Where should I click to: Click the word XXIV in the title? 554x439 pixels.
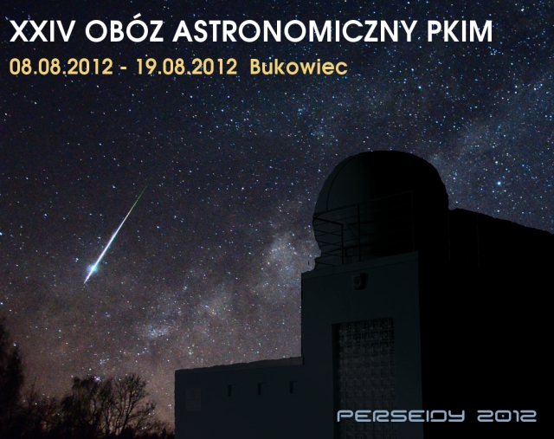pyautogui.click(x=42, y=31)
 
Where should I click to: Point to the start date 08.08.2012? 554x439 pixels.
pyautogui.click(x=61, y=67)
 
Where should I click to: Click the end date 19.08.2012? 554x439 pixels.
pyautogui.click(x=186, y=67)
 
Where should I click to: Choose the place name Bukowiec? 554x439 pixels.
pyautogui.click(x=299, y=67)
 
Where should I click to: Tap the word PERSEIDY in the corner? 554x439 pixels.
pyautogui.click(x=400, y=416)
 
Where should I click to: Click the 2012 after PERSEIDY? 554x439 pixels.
pyautogui.click(x=506, y=416)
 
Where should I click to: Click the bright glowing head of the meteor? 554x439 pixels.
pyautogui.click(x=93, y=268)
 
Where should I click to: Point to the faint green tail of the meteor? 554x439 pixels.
pyautogui.click(x=140, y=197)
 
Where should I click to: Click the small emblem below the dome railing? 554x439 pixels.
pyautogui.click(x=359, y=281)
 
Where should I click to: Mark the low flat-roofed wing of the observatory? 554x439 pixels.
pyautogui.click(x=239, y=399)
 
